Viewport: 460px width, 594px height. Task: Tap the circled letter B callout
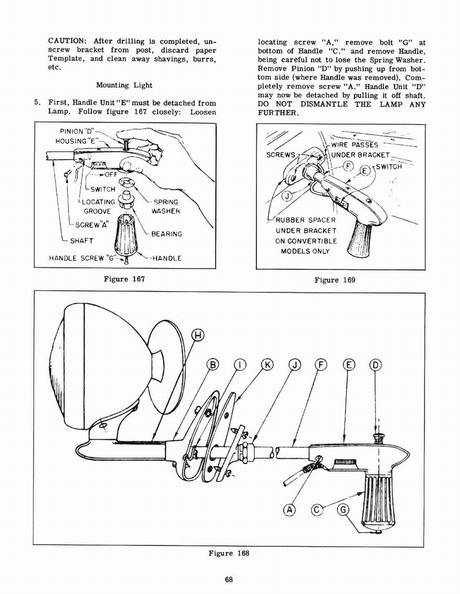(x=212, y=364)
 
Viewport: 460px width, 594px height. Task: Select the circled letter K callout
(x=267, y=364)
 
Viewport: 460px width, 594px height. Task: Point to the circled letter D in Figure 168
(x=375, y=364)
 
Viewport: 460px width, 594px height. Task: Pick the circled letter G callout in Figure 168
(x=343, y=510)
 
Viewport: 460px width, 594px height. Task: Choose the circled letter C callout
(x=317, y=510)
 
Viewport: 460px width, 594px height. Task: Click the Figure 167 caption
(x=124, y=279)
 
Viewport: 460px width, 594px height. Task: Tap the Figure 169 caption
(x=334, y=280)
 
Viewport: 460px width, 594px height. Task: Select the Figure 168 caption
(x=229, y=553)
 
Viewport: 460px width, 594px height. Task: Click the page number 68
(x=229, y=579)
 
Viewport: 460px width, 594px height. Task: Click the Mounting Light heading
(x=124, y=85)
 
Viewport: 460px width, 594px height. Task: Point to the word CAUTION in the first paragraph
(x=66, y=42)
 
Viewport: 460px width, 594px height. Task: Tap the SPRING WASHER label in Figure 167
(x=165, y=207)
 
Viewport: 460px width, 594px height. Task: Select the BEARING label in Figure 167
(x=166, y=234)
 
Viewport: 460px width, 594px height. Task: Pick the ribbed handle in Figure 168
(x=378, y=498)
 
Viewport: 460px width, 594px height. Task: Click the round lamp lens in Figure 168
(x=67, y=365)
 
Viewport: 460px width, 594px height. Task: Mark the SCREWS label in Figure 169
(x=281, y=155)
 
